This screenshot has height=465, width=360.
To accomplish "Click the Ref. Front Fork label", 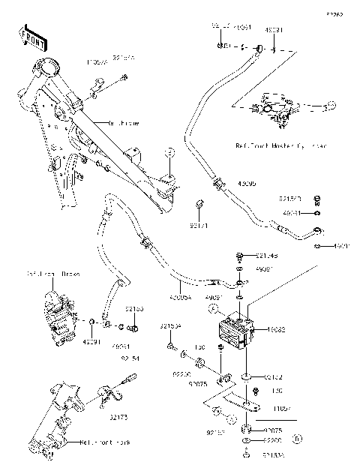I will click(104, 443).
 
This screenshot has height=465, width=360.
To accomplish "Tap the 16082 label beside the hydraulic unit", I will click(269, 329).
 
